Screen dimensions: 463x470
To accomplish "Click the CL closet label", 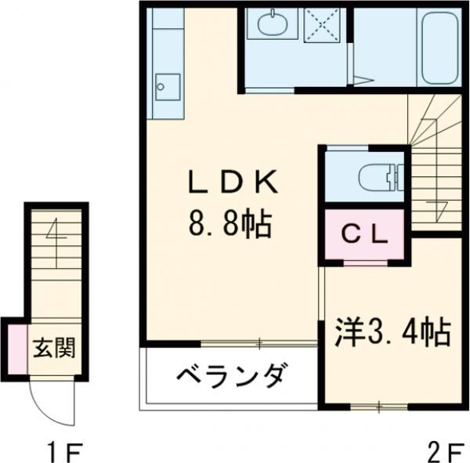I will pos(364,233).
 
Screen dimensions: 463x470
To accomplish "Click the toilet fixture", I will pos(380,179).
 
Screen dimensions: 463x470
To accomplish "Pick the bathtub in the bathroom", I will pos(439,49).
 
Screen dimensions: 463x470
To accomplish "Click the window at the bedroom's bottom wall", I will pos(378,406).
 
